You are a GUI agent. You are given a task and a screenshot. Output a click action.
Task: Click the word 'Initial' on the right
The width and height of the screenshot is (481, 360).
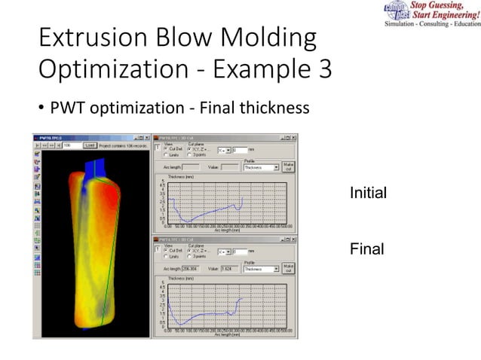tap(368, 194)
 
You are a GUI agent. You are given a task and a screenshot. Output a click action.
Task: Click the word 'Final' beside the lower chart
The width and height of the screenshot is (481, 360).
tap(366, 249)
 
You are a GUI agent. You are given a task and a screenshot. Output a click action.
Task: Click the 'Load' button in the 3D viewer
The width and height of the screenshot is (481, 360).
tap(90, 145)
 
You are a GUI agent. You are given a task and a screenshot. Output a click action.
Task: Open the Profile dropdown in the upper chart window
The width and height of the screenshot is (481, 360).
tap(260, 167)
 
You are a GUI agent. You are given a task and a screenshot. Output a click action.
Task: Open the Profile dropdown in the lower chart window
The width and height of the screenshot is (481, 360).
tap(260, 269)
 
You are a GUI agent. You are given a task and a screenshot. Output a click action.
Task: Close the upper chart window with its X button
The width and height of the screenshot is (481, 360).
tap(293, 137)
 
